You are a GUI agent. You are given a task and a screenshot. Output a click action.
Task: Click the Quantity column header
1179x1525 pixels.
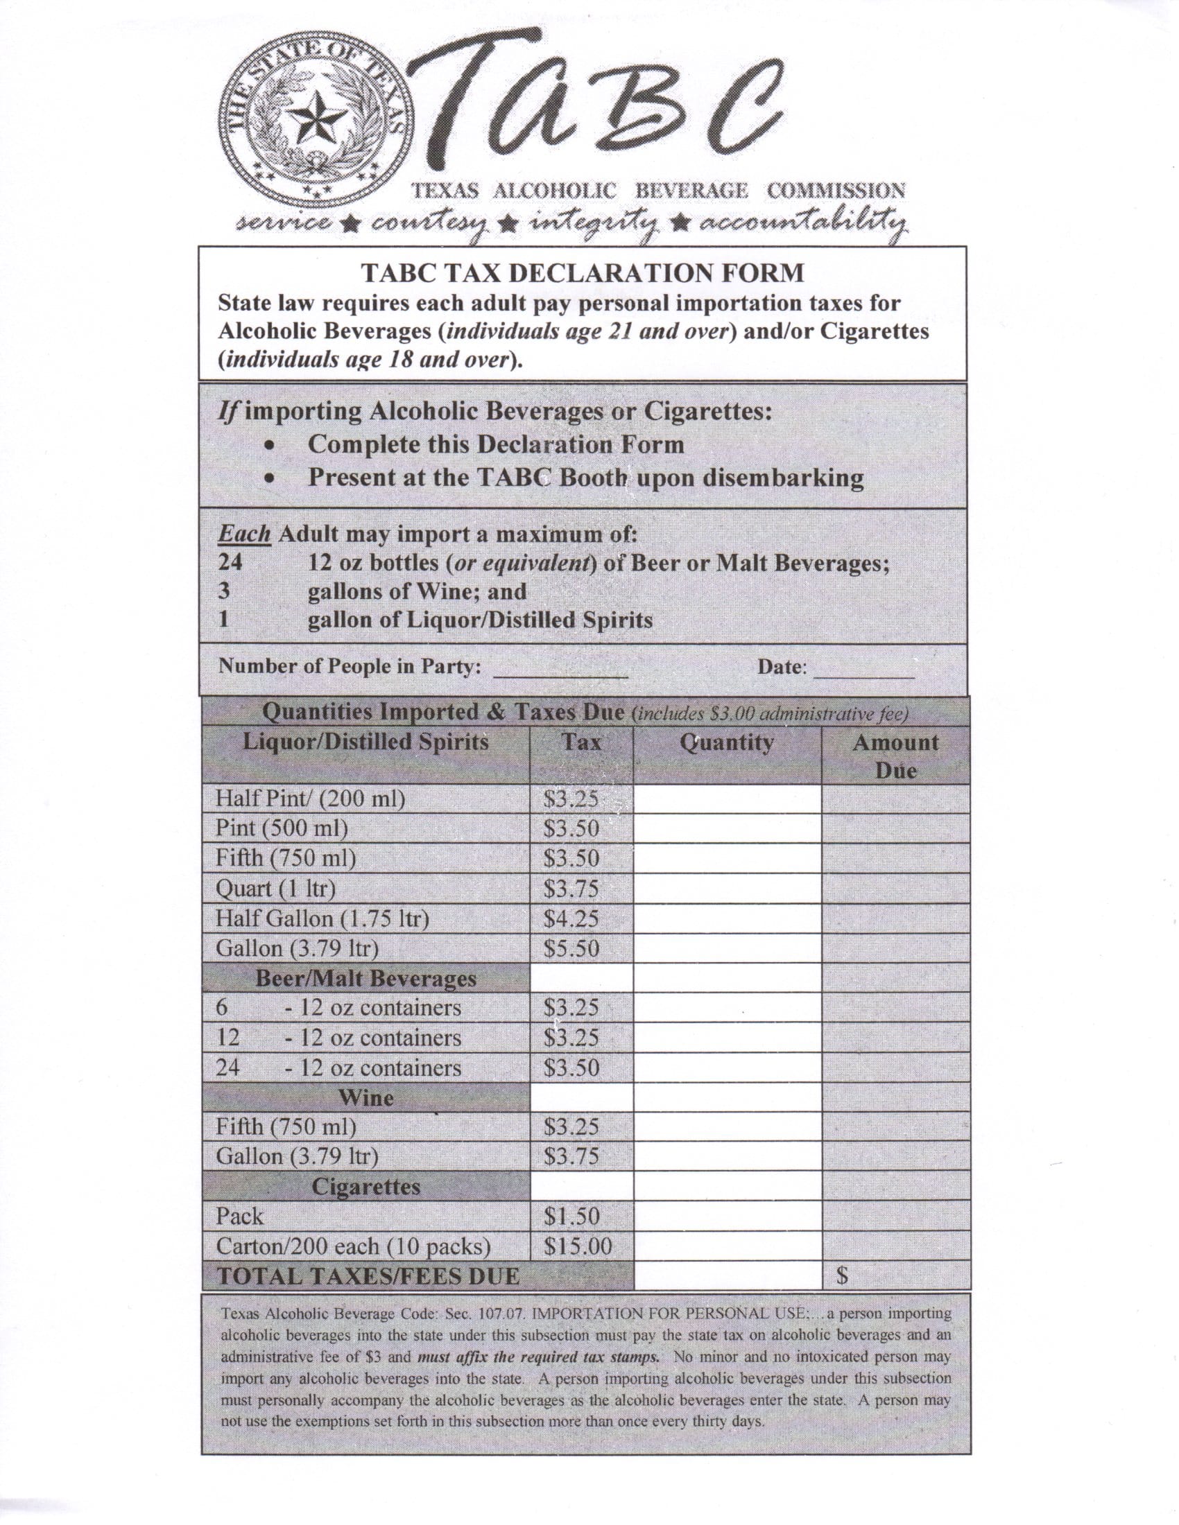click(727, 742)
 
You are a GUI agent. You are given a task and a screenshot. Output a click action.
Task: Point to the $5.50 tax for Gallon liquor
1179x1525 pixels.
click(571, 948)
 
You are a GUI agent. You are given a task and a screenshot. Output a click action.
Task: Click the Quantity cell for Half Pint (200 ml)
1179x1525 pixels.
click(727, 799)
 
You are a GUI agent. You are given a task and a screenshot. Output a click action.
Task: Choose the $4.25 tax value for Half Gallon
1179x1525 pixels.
click(571, 918)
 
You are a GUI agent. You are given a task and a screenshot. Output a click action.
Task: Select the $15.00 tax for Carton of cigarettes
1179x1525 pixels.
click(578, 1246)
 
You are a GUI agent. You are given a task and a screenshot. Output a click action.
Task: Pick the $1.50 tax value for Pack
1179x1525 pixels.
click(571, 1217)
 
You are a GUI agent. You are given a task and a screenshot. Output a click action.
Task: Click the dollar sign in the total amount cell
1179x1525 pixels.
click(843, 1276)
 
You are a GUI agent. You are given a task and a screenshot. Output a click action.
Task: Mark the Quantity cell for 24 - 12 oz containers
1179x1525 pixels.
click(727, 1068)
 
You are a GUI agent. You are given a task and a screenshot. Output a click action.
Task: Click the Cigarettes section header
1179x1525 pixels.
click(366, 1186)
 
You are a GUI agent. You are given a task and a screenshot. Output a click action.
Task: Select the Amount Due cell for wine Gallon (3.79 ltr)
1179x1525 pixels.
click(895, 1157)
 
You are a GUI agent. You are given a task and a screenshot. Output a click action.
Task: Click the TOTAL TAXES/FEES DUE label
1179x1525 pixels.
click(369, 1276)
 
